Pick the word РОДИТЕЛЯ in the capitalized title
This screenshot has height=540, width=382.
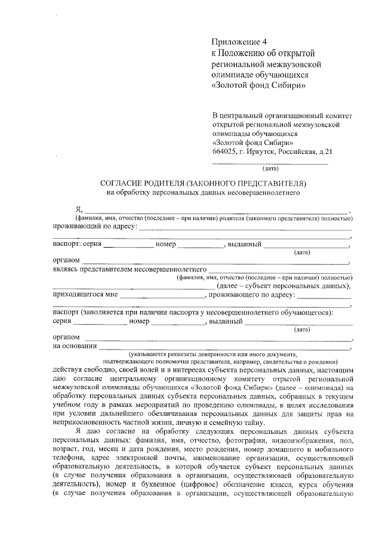pyautogui.click(x=177, y=183)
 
